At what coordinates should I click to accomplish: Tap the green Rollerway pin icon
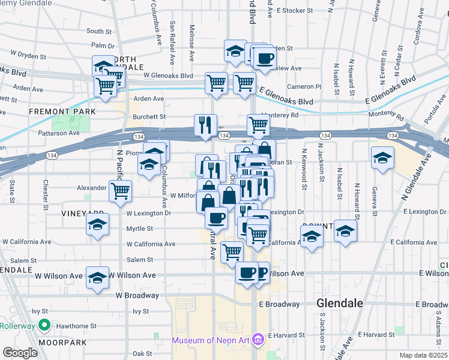tap(43, 326)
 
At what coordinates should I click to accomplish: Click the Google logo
tap(20, 353)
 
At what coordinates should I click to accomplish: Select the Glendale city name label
tap(340, 304)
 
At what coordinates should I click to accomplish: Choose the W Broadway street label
tap(137, 295)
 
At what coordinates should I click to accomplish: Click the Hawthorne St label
tap(77, 326)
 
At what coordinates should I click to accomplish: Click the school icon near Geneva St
tap(383, 158)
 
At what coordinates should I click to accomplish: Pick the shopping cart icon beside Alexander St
tap(121, 191)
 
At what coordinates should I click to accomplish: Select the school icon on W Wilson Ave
tap(97, 278)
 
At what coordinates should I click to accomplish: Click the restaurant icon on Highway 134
tap(205, 125)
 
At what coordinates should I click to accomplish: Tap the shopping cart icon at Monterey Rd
tap(258, 125)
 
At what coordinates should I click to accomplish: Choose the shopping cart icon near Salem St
tap(232, 252)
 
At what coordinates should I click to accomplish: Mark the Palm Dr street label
tap(103, 46)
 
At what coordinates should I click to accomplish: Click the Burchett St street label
tap(149, 117)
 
